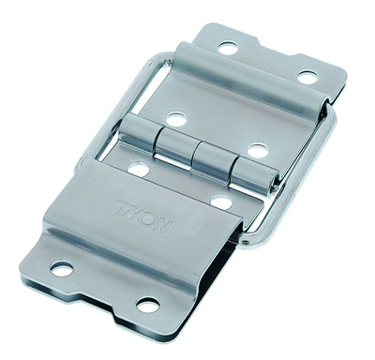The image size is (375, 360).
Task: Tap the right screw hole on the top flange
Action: pos(307,76)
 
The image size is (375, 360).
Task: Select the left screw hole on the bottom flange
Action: pos(62,269)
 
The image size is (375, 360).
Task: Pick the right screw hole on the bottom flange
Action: pos(147,305)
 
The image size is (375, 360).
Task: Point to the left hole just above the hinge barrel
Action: pos(175,120)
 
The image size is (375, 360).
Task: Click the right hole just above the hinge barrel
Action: pos(256,150)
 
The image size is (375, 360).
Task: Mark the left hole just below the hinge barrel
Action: pos(139,170)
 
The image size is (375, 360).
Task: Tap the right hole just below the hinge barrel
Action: pos(221,202)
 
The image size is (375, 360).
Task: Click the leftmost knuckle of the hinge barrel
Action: pos(139,136)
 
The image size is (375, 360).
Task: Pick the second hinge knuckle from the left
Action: pos(174,148)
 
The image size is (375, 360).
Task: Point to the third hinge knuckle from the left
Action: pos(211,161)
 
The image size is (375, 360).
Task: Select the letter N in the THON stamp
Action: pos(166,224)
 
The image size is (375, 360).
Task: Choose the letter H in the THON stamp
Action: pos(136,212)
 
